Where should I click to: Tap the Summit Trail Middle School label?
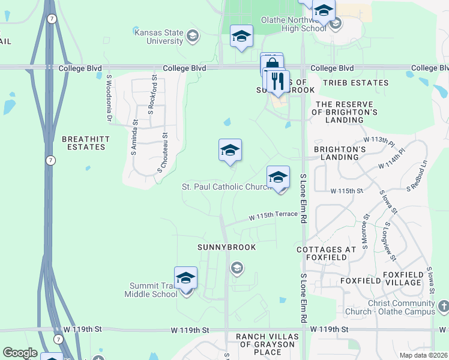point(151,290)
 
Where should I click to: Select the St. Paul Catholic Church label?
point(227,187)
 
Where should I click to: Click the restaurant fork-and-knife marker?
point(277,82)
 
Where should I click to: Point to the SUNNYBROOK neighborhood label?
point(228,247)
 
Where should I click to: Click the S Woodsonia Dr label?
point(110,98)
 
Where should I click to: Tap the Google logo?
point(20,353)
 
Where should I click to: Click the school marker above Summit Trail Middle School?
point(186,278)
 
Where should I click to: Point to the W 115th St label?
point(347,191)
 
